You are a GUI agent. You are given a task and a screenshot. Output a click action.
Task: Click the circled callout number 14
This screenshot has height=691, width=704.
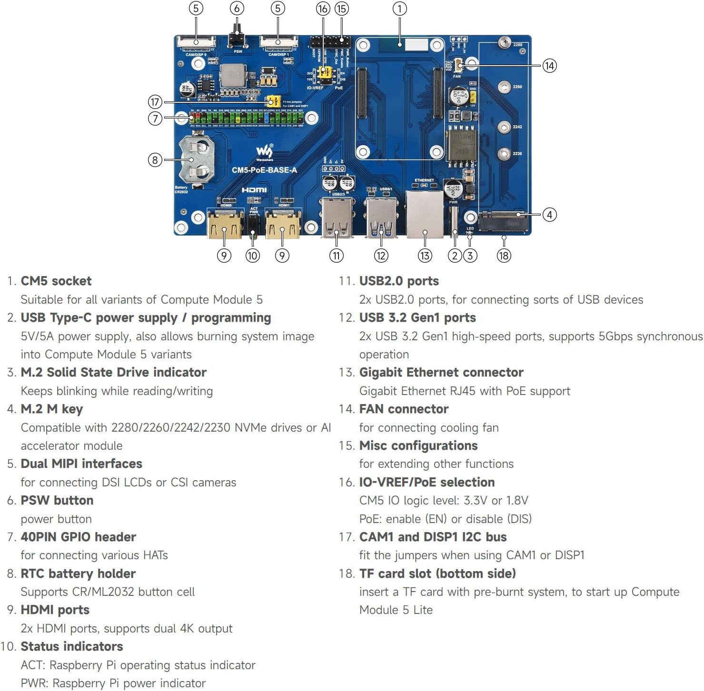point(549,66)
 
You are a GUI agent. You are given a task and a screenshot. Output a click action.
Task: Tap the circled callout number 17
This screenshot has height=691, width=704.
point(155,102)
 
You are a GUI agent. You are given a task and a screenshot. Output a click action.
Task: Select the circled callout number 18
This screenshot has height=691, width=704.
point(504,256)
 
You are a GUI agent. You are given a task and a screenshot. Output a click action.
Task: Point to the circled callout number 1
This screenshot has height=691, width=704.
point(399,9)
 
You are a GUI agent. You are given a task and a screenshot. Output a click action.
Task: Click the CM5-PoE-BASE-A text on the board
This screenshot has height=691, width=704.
point(264,170)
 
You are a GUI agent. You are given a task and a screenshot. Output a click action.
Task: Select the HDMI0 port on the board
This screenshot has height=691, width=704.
point(225,223)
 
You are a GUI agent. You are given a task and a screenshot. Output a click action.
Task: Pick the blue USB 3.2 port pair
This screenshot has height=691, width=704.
point(381,219)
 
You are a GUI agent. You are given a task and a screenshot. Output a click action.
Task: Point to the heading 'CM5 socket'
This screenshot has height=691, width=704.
point(56,281)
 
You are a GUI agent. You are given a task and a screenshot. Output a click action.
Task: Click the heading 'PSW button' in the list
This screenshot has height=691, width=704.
point(57,500)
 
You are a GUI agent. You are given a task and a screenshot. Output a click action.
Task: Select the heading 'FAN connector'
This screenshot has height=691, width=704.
point(404,409)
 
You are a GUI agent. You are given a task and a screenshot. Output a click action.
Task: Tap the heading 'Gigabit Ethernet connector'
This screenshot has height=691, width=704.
point(441,372)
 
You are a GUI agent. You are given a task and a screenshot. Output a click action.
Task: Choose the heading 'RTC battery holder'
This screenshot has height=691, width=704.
point(78,573)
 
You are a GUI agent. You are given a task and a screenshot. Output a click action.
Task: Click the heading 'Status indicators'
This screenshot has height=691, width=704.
point(72,646)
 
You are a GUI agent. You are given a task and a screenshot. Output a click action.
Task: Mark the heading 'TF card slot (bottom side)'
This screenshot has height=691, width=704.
point(437,573)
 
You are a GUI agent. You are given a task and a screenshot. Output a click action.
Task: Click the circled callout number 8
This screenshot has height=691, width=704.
point(155,160)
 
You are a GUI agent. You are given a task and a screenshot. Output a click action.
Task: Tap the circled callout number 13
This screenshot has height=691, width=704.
point(425,256)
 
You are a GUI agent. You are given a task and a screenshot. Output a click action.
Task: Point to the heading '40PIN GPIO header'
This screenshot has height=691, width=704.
point(79,537)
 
